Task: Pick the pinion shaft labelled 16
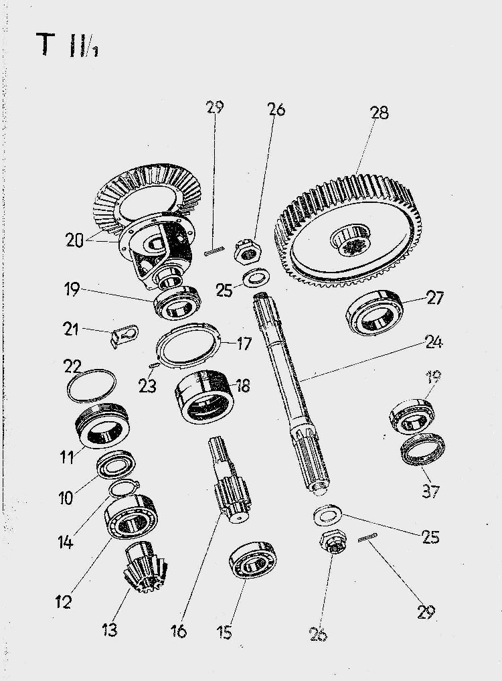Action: (x=230, y=480)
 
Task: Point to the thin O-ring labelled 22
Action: (x=92, y=386)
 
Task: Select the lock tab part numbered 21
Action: (x=124, y=335)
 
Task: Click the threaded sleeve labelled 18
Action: (x=204, y=396)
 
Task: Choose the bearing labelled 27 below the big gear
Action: (x=374, y=313)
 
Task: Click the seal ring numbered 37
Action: (x=422, y=449)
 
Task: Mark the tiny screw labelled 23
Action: (x=153, y=366)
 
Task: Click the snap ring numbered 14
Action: (x=123, y=489)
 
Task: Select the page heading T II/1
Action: (x=68, y=45)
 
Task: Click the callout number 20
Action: (x=74, y=240)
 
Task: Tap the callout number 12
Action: (x=64, y=602)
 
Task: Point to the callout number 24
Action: (x=434, y=342)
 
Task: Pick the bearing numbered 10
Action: (x=116, y=465)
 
